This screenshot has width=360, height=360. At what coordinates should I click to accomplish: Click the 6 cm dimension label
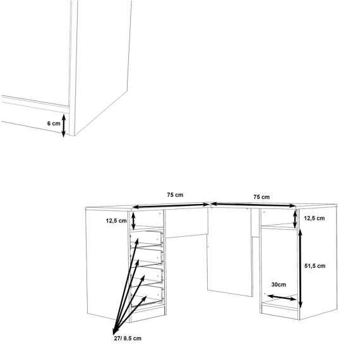coord(54,124)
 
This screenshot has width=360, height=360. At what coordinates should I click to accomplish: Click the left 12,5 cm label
coord(117,220)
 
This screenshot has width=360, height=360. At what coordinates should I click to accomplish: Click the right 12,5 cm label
coord(314,218)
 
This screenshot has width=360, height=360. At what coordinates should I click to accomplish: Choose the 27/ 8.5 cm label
coord(124,339)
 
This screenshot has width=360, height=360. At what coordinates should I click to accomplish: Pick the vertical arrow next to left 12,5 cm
coord(133,220)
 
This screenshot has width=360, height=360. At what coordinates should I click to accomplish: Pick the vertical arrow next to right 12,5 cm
coord(296,219)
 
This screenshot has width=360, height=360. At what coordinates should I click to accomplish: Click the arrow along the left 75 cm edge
coord(171,204)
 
